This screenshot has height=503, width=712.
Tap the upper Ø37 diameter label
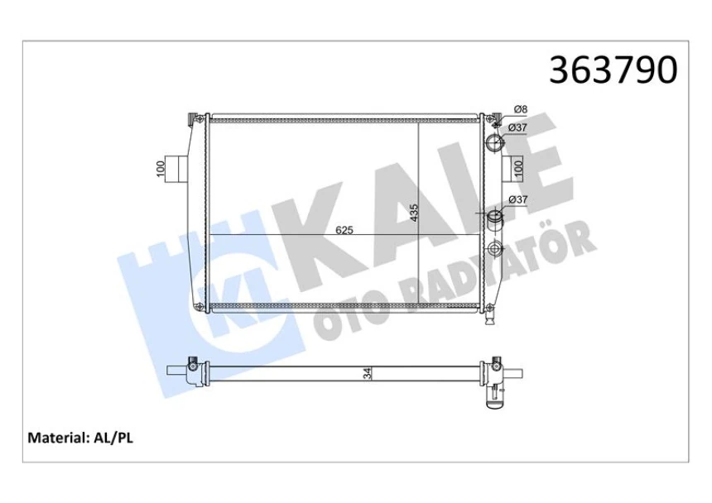519,127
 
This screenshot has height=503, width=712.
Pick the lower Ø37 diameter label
519,199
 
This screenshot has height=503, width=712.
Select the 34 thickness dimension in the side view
367,375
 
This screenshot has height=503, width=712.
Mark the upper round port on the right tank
494,144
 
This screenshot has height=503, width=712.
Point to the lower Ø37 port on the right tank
494,219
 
